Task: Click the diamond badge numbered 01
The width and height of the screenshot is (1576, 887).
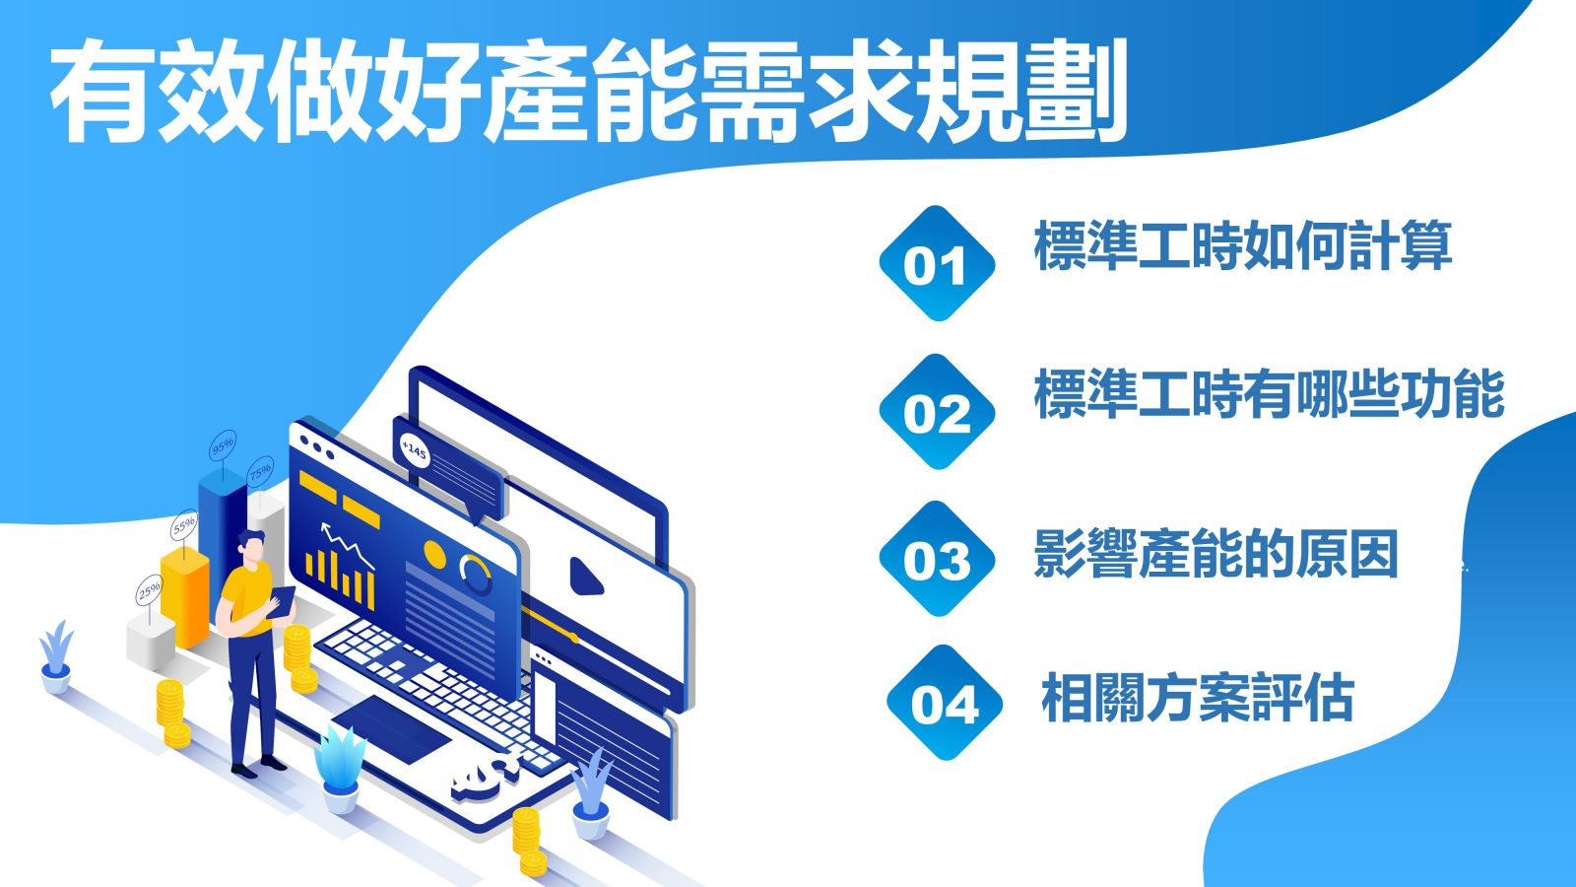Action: [x=937, y=263]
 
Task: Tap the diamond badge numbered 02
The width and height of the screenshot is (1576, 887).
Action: [x=937, y=411]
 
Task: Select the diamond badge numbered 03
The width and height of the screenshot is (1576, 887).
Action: [x=937, y=558]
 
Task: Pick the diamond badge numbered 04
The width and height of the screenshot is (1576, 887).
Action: [x=945, y=703]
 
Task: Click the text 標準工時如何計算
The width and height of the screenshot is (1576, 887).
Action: [x=1243, y=245]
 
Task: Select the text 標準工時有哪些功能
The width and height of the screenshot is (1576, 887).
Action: [x=1270, y=393]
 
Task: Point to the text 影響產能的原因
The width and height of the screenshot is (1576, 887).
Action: [x=1216, y=554]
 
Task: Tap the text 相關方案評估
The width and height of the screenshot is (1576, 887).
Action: [x=1198, y=698]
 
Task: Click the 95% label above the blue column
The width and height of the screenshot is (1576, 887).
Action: [x=223, y=445]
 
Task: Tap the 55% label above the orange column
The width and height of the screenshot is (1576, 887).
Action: [x=184, y=525]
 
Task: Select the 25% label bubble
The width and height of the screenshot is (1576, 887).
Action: [x=149, y=590]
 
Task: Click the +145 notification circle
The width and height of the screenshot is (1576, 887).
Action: [x=414, y=449]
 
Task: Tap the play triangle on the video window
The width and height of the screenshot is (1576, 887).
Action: [x=585, y=577]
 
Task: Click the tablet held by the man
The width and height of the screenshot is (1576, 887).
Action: [x=282, y=602]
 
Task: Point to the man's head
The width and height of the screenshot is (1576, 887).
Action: [x=251, y=546]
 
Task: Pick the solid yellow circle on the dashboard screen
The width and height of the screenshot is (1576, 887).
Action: [x=434, y=555]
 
